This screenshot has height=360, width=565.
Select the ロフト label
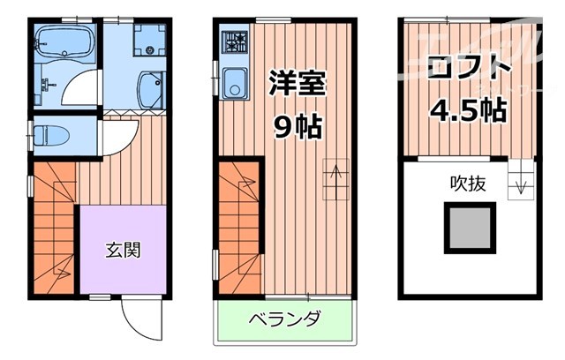coord(468,70)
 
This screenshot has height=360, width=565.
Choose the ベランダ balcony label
coord(283,319)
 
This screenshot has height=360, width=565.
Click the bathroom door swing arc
coord(84,88)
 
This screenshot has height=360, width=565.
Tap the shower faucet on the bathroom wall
coord(46,84)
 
